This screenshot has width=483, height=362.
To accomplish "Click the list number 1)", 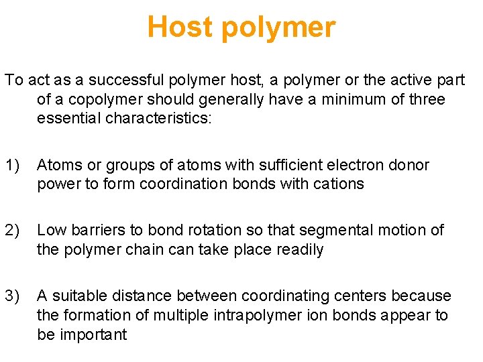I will click(13, 165).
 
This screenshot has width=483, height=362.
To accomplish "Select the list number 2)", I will click(13, 231).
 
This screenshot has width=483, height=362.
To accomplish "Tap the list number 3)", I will click(13, 296).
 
